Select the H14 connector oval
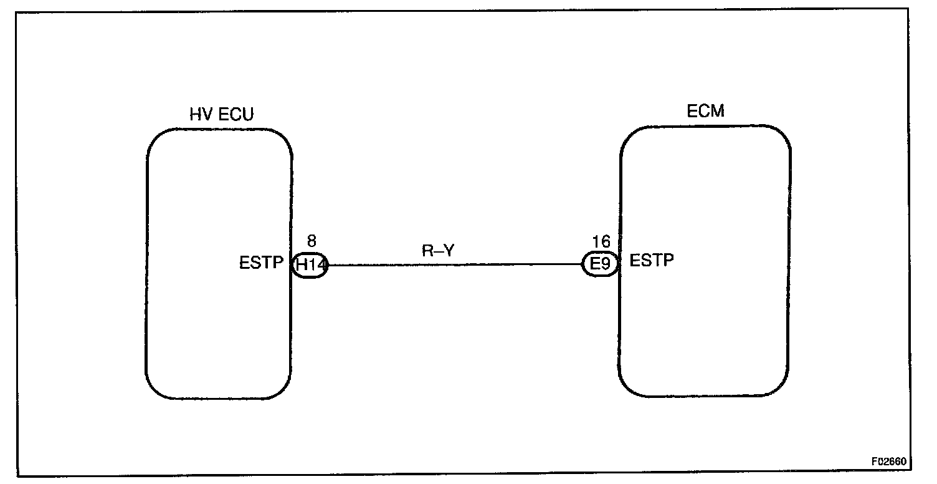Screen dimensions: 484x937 pyautogui.click(x=310, y=265)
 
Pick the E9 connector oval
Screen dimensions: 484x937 pyautogui.click(x=599, y=265)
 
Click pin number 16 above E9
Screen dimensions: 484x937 pyautogui.click(x=601, y=242)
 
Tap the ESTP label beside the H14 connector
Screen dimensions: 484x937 pyautogui.click(x=262, y=263)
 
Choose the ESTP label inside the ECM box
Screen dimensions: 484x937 pyautogui.click(x=652, y=261)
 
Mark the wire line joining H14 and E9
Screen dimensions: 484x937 pyautogui.click(x=455, y=264)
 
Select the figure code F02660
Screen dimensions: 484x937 pyautogui.click(x=891, y=463)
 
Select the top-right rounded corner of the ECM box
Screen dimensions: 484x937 pyautogui.click(x=782, y=133)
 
